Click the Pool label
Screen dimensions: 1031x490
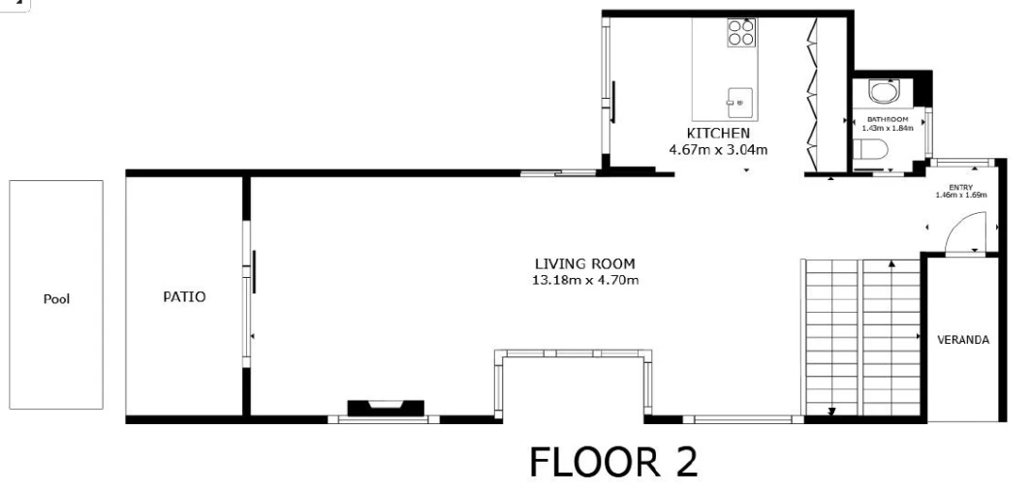[56, 299]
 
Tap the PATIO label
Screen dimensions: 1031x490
[184, 297]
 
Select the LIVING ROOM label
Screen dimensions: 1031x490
[585, 264]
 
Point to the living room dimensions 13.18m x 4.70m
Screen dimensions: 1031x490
[585, 281]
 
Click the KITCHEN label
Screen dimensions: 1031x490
[718, 134]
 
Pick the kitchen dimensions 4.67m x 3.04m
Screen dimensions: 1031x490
[718, 150]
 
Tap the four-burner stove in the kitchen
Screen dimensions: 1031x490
[741, 32]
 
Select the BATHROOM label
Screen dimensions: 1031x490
[888, 119]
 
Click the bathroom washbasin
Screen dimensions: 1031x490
[884, 91]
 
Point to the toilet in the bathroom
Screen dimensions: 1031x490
[870, 150]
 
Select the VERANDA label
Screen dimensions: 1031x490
[962, 340]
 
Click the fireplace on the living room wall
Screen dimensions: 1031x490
[386, 408]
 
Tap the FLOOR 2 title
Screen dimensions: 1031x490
[613, 462]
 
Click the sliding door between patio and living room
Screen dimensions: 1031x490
[248, 293]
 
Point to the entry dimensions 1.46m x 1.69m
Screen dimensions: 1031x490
[960, 195]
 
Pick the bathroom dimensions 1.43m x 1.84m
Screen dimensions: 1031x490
[888, 128]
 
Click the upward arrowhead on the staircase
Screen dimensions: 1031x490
[891, 263]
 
